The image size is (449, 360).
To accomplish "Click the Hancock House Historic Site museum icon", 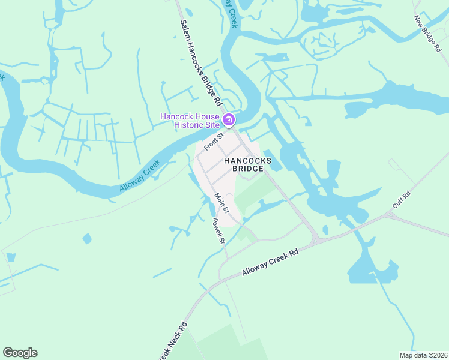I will (x=228, y=121).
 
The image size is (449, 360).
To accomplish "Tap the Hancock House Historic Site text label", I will (x=190, y=121).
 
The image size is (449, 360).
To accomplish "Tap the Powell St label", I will (x=218, y=230).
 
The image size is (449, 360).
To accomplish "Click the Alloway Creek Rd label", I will (x=270, y=263).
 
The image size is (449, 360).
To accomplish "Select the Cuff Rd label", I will (x=401, y=200).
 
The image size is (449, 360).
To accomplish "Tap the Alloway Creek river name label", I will (x=141, y=176).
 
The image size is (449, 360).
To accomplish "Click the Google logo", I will (x=20, y=353).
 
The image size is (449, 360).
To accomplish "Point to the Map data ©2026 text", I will (x=423, y=355).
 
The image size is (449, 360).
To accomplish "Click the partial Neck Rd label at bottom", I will (x=173, y=343).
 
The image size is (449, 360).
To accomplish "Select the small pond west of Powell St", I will (x=88, y=239).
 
